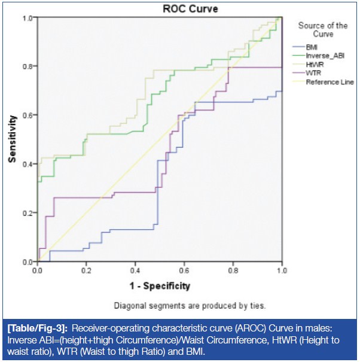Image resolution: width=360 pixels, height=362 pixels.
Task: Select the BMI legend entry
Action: [x=312, y=47]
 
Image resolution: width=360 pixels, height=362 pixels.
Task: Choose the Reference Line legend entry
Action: [x=330, y=81]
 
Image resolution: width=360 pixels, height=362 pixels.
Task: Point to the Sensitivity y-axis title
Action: [x=11, y=139]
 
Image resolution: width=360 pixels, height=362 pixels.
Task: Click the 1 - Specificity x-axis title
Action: [x=158, y=285]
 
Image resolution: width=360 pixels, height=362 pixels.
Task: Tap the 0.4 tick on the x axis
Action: [x=135, y=271]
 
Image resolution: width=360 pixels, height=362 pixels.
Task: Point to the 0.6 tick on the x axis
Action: [x=184, y=271]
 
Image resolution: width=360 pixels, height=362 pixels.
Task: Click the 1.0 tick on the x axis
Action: [x=281, y=271]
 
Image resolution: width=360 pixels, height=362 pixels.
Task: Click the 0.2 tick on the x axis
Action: [x=86, y=271]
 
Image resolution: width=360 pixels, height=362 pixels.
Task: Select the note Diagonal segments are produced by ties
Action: [x=190, y=305]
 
